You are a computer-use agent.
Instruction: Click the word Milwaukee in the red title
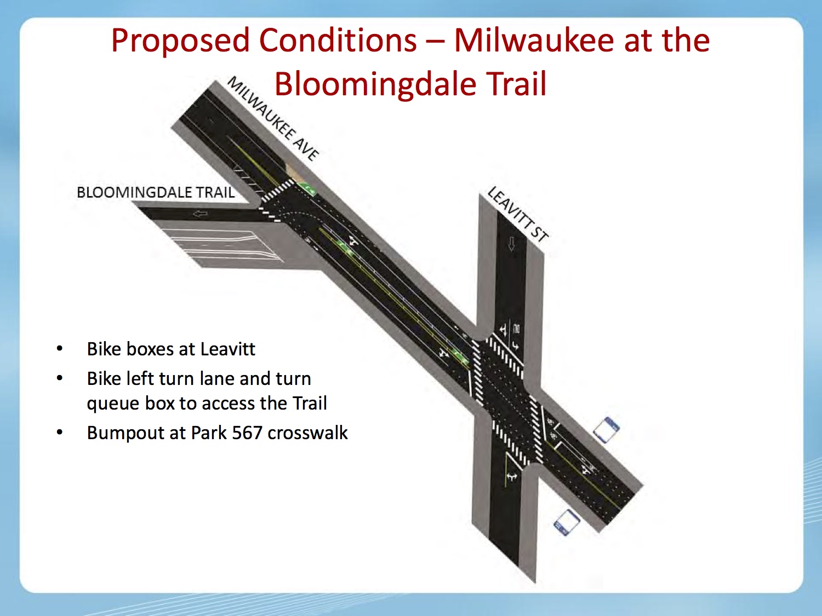[534, 40]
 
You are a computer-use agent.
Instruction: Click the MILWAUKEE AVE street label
[273, 119]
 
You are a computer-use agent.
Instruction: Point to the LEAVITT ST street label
[517, 214]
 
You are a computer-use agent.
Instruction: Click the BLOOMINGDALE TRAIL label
[156, 192]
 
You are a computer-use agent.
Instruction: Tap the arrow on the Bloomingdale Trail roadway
[200, 214]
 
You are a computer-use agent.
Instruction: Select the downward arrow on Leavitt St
[511, 244]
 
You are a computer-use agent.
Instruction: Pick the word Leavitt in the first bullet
[227, 349]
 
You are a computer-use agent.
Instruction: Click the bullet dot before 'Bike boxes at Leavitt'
[60, 349]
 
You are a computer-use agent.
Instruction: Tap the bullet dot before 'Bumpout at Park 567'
[60, 433]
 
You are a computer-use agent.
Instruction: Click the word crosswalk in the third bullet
[307, 433]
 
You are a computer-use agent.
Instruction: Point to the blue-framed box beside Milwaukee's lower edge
[567, 522]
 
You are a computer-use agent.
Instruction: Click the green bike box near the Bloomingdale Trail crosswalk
[307, 188]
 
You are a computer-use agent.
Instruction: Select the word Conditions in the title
[338, 40]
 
